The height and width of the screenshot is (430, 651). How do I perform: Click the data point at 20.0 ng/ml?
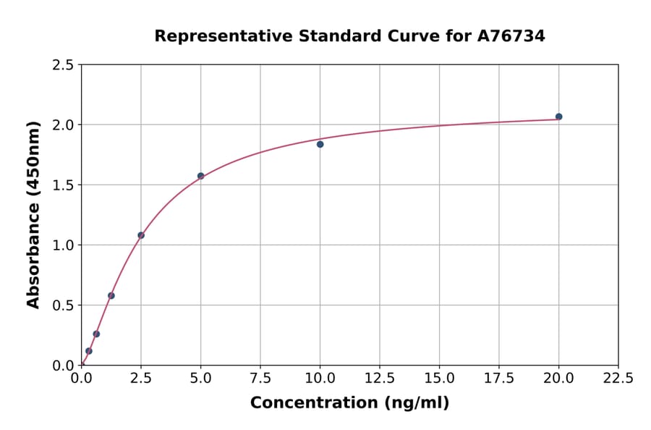pyautogui.click(x=558, y=117)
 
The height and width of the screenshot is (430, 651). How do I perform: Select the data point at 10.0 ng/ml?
pyautogui.click(x=320, y=144)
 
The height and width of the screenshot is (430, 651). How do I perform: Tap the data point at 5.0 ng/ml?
pyautogui.click(x=200, y=176)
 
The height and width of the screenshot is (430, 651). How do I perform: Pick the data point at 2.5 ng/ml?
pyautogui.click(x=141, y=235)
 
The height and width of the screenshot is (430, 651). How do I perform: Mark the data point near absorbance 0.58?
pyautogui.click(x=111, y=295)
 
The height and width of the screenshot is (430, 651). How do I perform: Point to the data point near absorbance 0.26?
pyautogui.click(x=96, y=334)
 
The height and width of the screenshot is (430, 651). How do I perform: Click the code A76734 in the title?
pyautogui.click(x=511, y=35)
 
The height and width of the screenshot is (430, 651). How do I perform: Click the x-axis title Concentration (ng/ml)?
pyautogui.click(x=349, y=402)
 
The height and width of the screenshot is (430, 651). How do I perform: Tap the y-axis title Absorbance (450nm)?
pyautogui.click(x=33, y=215)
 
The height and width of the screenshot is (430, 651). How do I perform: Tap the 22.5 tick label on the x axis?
pyautogui.click(x=618, y=378)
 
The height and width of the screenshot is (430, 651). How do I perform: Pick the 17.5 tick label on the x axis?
pyautogui.click(x=498, y=378)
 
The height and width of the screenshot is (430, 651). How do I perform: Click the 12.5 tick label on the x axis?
pyautogui.click(x=379, y=378)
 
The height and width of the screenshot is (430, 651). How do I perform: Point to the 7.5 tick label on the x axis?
pyautogui.click(x=260, y=378)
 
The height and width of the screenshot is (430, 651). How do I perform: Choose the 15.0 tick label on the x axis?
pyautogui.click(x=439, y=378)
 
